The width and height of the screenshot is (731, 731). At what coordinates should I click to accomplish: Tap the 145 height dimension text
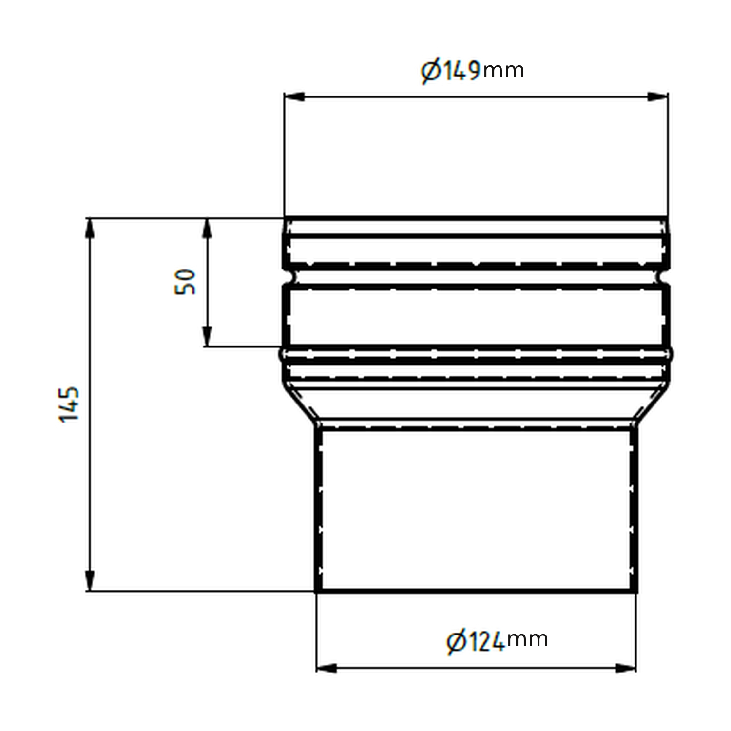[x=69, y=404]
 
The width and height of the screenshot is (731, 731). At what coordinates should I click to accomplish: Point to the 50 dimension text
[x=185, y=281]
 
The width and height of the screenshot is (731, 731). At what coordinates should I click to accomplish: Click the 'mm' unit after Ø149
[x=503, y=71]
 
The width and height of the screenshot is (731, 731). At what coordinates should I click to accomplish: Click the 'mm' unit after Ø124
[x=527, y=639]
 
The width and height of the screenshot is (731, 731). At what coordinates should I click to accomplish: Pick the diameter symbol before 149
[x=430, y=72]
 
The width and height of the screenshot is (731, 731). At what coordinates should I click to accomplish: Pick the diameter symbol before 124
[x=455, y=641]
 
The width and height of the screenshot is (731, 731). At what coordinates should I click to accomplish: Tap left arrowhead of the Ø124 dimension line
[x=326, y=668]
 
